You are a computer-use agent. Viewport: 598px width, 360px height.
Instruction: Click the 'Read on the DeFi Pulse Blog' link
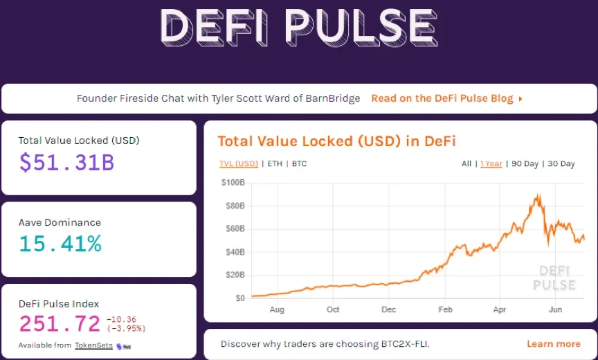pos(446,98)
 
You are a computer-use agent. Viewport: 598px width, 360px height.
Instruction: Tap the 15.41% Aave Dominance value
pos(60,244)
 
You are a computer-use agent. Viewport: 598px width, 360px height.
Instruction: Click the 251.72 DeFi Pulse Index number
pos(60,323)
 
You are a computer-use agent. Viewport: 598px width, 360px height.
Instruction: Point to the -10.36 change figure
pos(122,319)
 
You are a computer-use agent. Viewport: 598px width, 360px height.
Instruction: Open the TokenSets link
pos(93,345)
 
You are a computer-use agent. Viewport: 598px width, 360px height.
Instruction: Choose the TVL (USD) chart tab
pos(238,164)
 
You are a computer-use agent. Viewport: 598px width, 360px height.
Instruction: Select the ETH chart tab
pos(275,164)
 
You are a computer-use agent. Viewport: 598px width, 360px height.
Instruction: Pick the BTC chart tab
pos(299,164)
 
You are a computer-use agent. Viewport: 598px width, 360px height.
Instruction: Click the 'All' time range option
pos(466,164)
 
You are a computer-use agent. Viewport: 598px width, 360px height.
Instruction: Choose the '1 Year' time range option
pos(491,164)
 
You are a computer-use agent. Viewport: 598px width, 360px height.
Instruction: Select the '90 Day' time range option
pos(525,164)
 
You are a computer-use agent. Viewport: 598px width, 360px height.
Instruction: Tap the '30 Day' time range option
pos(561,164)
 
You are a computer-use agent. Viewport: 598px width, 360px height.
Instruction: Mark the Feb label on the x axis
pos(446,309)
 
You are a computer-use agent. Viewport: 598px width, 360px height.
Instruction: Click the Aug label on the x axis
pos(276,309)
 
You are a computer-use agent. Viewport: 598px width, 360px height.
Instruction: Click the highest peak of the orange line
pos(538,196)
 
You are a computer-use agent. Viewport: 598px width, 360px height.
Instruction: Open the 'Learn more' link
pos(553,344)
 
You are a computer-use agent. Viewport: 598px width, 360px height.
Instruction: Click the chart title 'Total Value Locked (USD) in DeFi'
pos(336,141)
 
